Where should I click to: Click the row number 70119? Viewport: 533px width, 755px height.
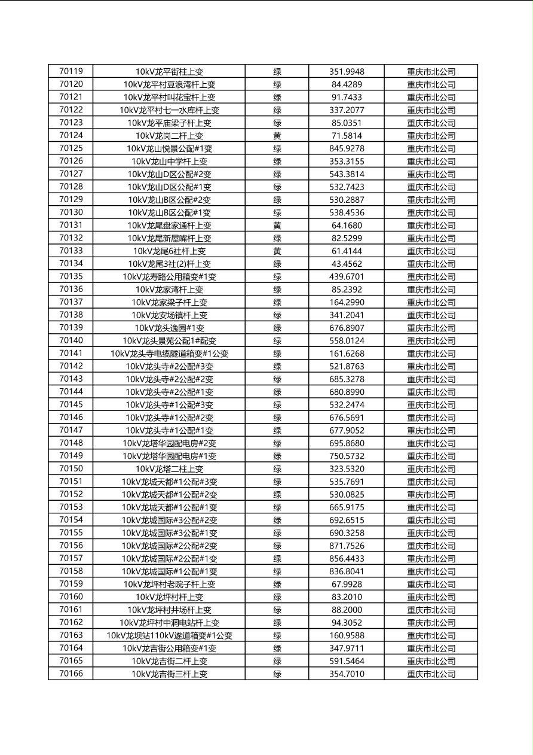click(71, 71)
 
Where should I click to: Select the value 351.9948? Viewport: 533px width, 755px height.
click(347, 72)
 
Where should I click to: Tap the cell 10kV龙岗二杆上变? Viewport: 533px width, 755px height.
click(169, 136)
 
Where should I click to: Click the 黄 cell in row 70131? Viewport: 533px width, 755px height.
click(277, 226)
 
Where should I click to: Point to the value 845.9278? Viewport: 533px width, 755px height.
click(347, 148)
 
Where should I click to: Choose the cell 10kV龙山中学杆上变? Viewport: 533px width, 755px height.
click(169, 162)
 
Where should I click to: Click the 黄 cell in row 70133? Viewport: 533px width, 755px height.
click(277, 251)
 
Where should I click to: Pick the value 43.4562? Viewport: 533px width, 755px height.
click(347, 264)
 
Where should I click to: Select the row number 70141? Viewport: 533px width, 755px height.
click(71, 354)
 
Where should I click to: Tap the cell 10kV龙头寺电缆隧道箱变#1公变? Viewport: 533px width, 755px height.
click(169, 354)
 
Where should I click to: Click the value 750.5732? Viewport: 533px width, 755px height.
click(347, 456)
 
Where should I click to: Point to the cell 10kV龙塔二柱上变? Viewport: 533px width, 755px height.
click(169, 469)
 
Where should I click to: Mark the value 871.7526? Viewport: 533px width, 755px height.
click(347, 546)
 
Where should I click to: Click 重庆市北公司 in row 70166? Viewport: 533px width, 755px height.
click(431, 674)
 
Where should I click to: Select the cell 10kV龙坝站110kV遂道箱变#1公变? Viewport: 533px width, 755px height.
click(169, 635)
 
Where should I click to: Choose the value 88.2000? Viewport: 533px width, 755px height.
click(347, 610)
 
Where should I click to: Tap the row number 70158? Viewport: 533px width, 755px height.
click(71, 571)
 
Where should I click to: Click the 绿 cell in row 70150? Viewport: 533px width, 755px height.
click(277, 469)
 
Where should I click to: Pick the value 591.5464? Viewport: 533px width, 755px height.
click(347, 661)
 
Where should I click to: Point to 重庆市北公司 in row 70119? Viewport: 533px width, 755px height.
click(431, 72)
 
